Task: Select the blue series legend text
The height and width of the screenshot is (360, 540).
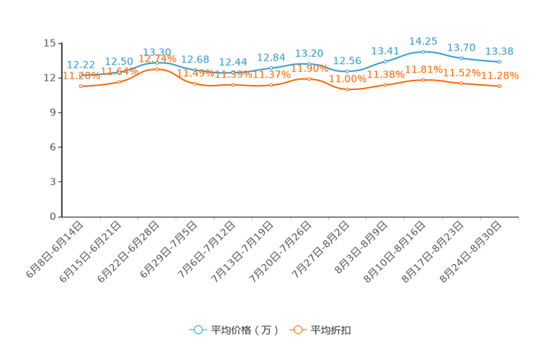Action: click(243, 330)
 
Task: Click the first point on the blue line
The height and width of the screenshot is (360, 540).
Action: click(81, 74)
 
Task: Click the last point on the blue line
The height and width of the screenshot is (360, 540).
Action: click(499, 62)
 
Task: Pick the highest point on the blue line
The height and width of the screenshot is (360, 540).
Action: click(423, 52)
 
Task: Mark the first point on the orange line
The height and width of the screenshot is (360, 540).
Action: click(81, 86)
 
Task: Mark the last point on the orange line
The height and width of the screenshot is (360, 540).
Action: click(499, 86)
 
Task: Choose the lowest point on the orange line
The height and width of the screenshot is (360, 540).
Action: click(347, 89)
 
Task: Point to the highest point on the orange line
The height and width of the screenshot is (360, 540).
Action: click(157, 69)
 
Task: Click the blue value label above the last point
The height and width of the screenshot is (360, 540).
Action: click(499, 52)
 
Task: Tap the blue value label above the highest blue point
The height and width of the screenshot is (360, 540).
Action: click(423, 41)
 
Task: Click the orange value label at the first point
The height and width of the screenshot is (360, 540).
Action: click(76, 75)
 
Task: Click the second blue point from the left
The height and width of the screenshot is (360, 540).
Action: click(119, 71)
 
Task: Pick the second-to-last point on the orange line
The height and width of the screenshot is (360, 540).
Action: click(461, 83)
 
